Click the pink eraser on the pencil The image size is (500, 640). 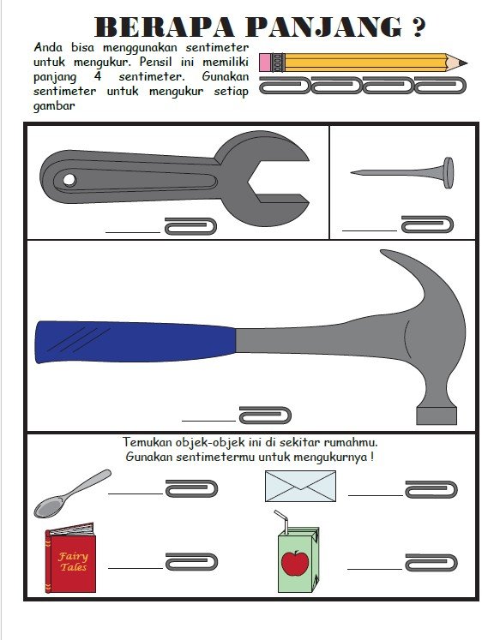click(x=265, y=63)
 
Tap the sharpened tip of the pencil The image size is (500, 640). click(x=467, y=63)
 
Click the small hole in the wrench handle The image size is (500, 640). click(x=69, y=180)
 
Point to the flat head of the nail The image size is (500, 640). click(x=449, y=173)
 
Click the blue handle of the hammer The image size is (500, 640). click(x=136, y=342)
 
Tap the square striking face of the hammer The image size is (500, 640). click(x=437, y=416)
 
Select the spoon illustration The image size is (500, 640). click(x=72, y=493)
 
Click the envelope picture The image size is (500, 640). click(x=300, y=486)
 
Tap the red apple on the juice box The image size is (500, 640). click(x=295, y=563)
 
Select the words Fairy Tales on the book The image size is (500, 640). click(x=73, y=562)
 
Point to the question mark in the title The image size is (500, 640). click(x=417, y=27)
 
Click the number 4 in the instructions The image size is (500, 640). click(x=98, y=76)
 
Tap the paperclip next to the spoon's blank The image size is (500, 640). click(x=191, y=488)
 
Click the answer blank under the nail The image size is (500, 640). click(x=370, y=230)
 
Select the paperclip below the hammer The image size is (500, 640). click(x=265, y=416)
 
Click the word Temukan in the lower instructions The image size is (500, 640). click(x=148, y=442)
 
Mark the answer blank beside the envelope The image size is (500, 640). click(x=376, y=495)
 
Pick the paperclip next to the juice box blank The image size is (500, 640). click(x=431, y=562)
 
